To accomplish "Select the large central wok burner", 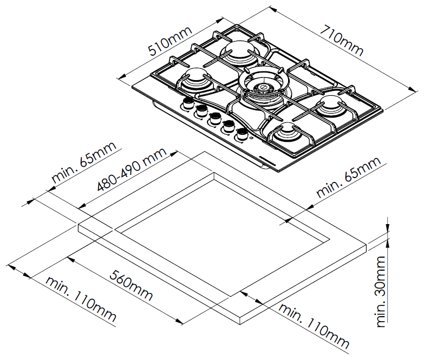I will coord(262,87).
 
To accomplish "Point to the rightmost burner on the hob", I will coord(331,106).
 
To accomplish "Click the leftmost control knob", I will coord(189,104).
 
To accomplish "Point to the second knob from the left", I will coord(201,111).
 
